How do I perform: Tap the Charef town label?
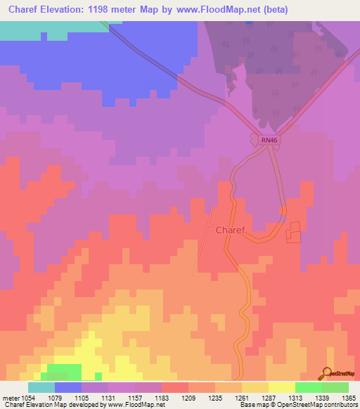coord(230,230)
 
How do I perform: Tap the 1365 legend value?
coord(349,398)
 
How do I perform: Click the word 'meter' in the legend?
coord(10,398)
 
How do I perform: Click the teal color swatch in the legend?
coord(41,387)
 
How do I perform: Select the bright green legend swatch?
coord(309,387)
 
